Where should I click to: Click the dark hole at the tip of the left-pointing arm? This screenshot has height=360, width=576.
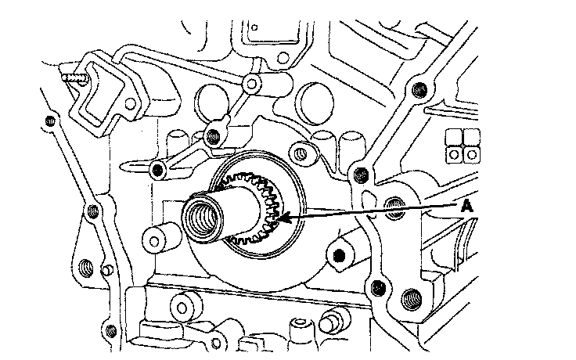pos(158,168)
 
